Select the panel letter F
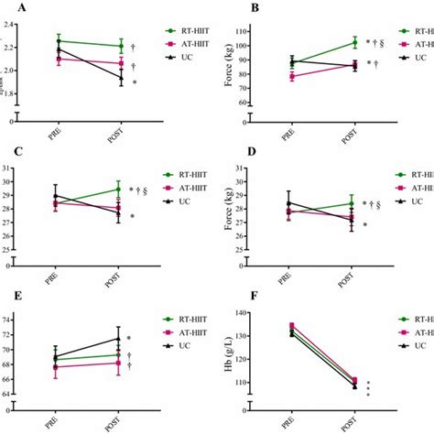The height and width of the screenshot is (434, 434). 227,298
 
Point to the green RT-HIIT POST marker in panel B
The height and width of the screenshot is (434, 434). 354,41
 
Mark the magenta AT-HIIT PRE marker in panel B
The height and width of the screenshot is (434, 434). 293,77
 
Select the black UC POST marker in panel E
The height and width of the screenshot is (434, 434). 117,339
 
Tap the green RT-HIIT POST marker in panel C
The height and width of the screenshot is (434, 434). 117,190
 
